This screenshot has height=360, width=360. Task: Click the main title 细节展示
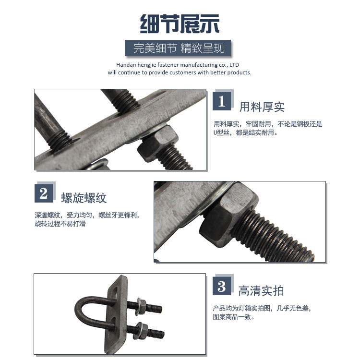point(180,24)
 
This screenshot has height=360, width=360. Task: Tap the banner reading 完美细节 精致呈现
point(178,48)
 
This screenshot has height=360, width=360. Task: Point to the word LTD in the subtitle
point(234,65)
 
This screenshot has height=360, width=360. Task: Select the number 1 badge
point(222,101)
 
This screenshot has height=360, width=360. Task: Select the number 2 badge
point(44,193)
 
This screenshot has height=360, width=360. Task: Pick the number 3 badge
point(222,286)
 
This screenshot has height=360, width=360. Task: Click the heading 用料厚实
point(262,107)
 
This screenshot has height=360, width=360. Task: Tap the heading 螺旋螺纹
point(84,198)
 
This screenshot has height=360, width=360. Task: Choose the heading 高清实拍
point(261,291)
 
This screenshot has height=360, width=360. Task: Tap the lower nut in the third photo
point(142,331)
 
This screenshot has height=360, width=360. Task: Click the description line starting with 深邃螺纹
point(87,215)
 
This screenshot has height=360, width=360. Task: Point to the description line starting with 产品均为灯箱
point(262,308)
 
